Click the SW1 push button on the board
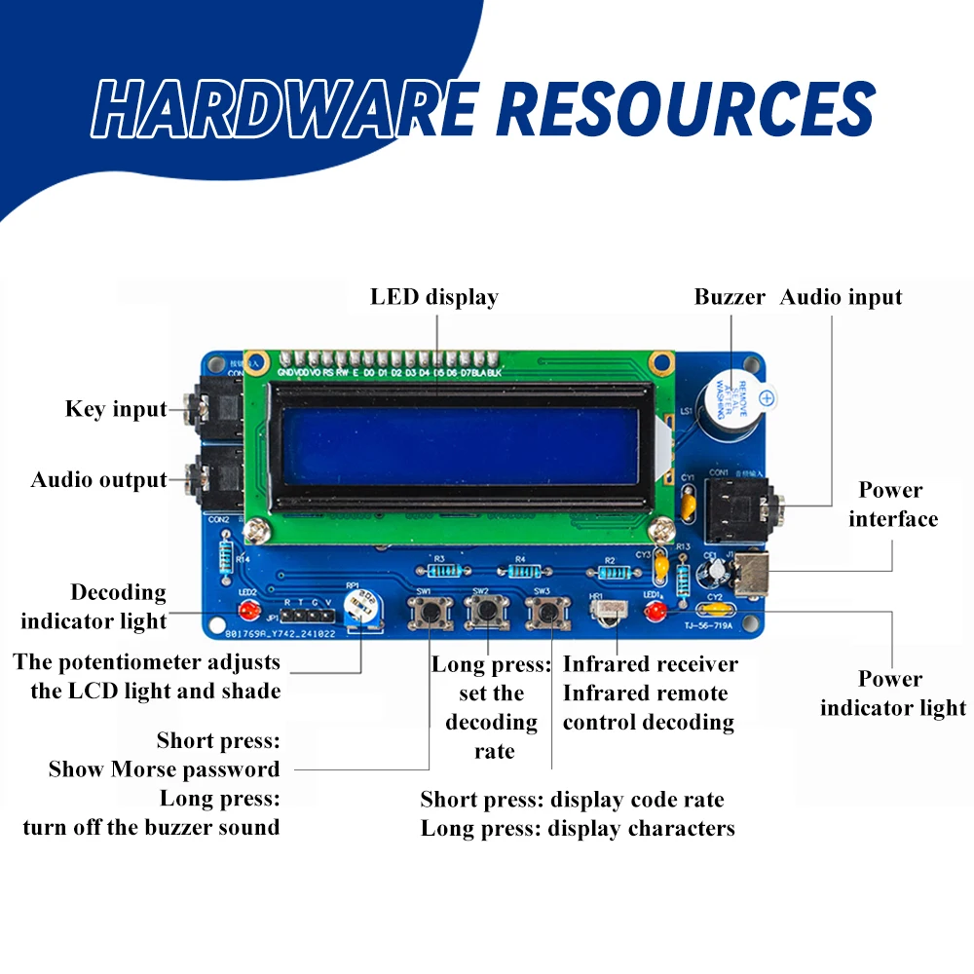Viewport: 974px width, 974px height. [x=429, y=613]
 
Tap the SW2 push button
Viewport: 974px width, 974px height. [x=487, y=613]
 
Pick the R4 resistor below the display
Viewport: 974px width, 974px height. [x=517, y=570]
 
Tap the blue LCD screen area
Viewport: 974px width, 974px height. [x=458, y=444]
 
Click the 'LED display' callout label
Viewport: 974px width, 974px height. [x=434, y=297]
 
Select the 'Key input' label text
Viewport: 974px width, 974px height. [x=116, y=409]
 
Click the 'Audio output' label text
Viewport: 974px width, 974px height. [x=99, y=480]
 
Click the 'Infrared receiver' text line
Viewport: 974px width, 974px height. [x=650, y=664]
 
